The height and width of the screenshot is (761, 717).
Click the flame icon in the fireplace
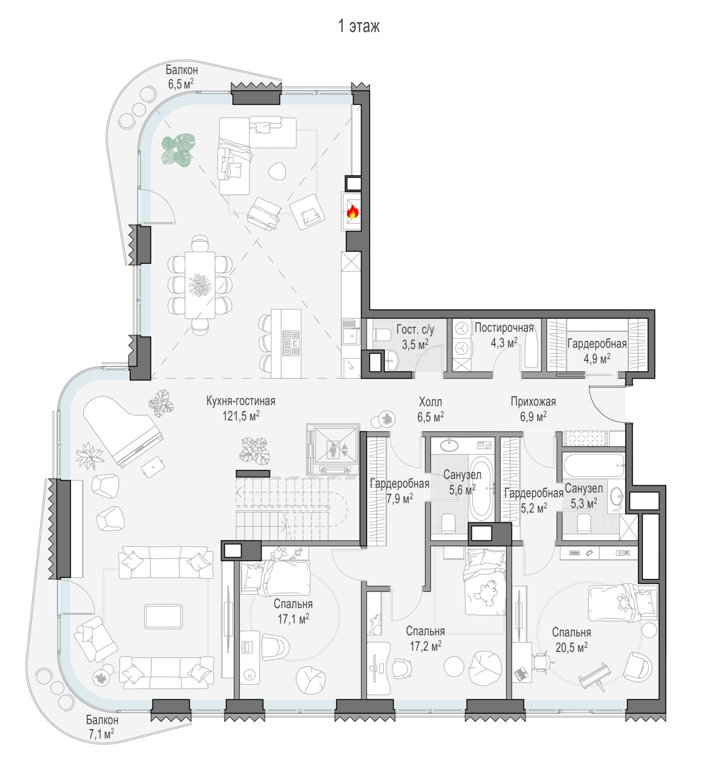[352, 212]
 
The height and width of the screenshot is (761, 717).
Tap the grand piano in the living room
[123, 431]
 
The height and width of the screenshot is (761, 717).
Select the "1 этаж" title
[359, 26]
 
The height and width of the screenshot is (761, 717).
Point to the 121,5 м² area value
[241, 416]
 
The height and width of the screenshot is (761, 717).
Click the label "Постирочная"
[504, 328]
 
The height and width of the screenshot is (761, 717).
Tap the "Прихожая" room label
[533, 402]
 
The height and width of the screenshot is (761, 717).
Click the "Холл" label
[431, 402]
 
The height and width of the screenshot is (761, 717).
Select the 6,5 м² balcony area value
[181, 84]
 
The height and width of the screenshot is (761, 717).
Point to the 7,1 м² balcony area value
[101, 735]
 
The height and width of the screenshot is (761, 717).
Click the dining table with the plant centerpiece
[200, 285]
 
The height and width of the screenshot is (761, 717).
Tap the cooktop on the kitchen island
[291, 343]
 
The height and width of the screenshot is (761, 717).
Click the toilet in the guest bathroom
[381, 335]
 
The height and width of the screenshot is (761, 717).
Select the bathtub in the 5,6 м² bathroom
[481, 488]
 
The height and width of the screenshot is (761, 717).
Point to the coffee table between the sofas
[164, 616]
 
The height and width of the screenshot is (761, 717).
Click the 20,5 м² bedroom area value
[571, 647]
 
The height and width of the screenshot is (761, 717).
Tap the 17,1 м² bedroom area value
[294, 619]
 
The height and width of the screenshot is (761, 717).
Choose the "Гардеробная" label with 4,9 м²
[597, 343]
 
